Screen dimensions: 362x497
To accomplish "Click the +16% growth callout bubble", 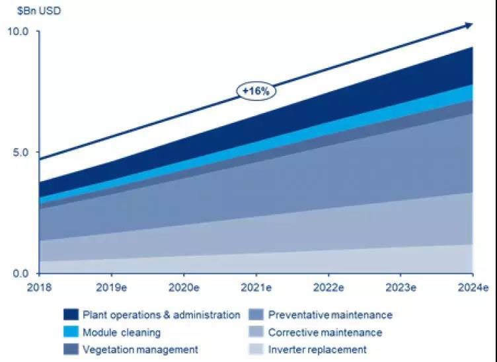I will (x=256, y=91).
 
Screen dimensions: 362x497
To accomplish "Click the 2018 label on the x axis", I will (x=40, y=288).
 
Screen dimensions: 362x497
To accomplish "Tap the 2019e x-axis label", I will (x=112, y=288).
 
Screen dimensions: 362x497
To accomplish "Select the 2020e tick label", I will (x=184, y=288).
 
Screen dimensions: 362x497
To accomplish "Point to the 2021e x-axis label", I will (x=256, y=288).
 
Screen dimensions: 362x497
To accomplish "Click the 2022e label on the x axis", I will (x=328, y=288).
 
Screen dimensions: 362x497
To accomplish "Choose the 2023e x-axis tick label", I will (x=400, y=288).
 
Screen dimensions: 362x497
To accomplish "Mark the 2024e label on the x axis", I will (x=472, y=288).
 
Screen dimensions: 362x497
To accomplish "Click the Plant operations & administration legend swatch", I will (x=71, y=314).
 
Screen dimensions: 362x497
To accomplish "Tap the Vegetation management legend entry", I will (x=139, y=349).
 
